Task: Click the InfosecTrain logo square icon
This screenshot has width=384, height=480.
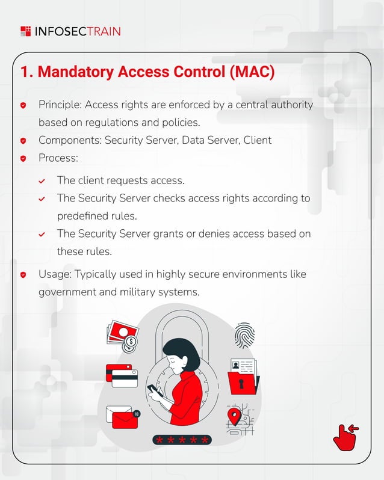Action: point(25,31)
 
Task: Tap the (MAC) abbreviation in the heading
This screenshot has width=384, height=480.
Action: point(252,72)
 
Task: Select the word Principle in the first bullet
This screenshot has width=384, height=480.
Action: point(60,105)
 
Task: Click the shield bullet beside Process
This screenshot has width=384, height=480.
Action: point(23,158)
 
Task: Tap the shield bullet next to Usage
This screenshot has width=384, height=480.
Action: point(23,274)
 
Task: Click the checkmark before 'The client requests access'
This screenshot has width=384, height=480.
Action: point(42,180)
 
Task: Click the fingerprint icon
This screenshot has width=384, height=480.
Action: point(244,335)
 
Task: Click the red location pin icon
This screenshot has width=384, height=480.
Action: point(234,414)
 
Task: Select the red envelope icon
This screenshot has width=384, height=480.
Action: point(122,417)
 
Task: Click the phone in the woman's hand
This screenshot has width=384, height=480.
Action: point(153,390)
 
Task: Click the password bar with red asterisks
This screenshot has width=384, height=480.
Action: point(181,440)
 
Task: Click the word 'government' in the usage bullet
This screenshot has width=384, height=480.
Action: point(67,292)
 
